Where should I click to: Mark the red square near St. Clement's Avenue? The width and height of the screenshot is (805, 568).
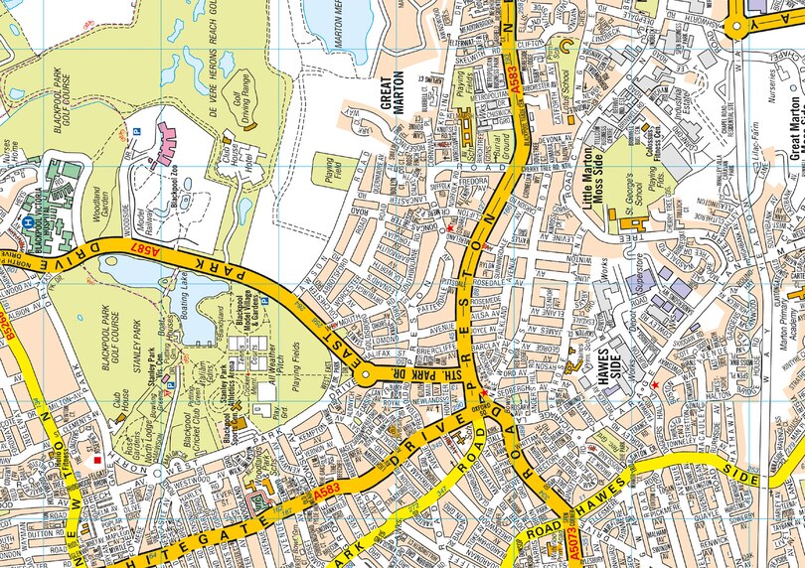coord(95,462)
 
